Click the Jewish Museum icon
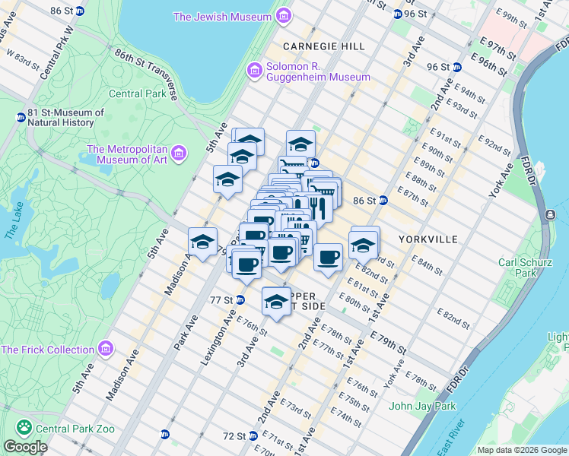pos(283,16)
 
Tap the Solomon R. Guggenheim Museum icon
pos(254,70)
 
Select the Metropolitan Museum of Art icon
pos(179,154)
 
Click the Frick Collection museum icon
pos(105,350)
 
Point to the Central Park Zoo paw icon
pos(24,429)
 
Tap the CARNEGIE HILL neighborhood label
pos(324,46)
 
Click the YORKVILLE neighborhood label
pos(428,239)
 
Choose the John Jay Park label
pos(422,406)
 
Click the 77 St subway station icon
pos(240,299)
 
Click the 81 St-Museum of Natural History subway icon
pos(21,118)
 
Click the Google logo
pos(25,447)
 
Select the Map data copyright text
pos(522,450)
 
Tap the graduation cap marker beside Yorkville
pos(364,245)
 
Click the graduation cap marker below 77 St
pos(276,302)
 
